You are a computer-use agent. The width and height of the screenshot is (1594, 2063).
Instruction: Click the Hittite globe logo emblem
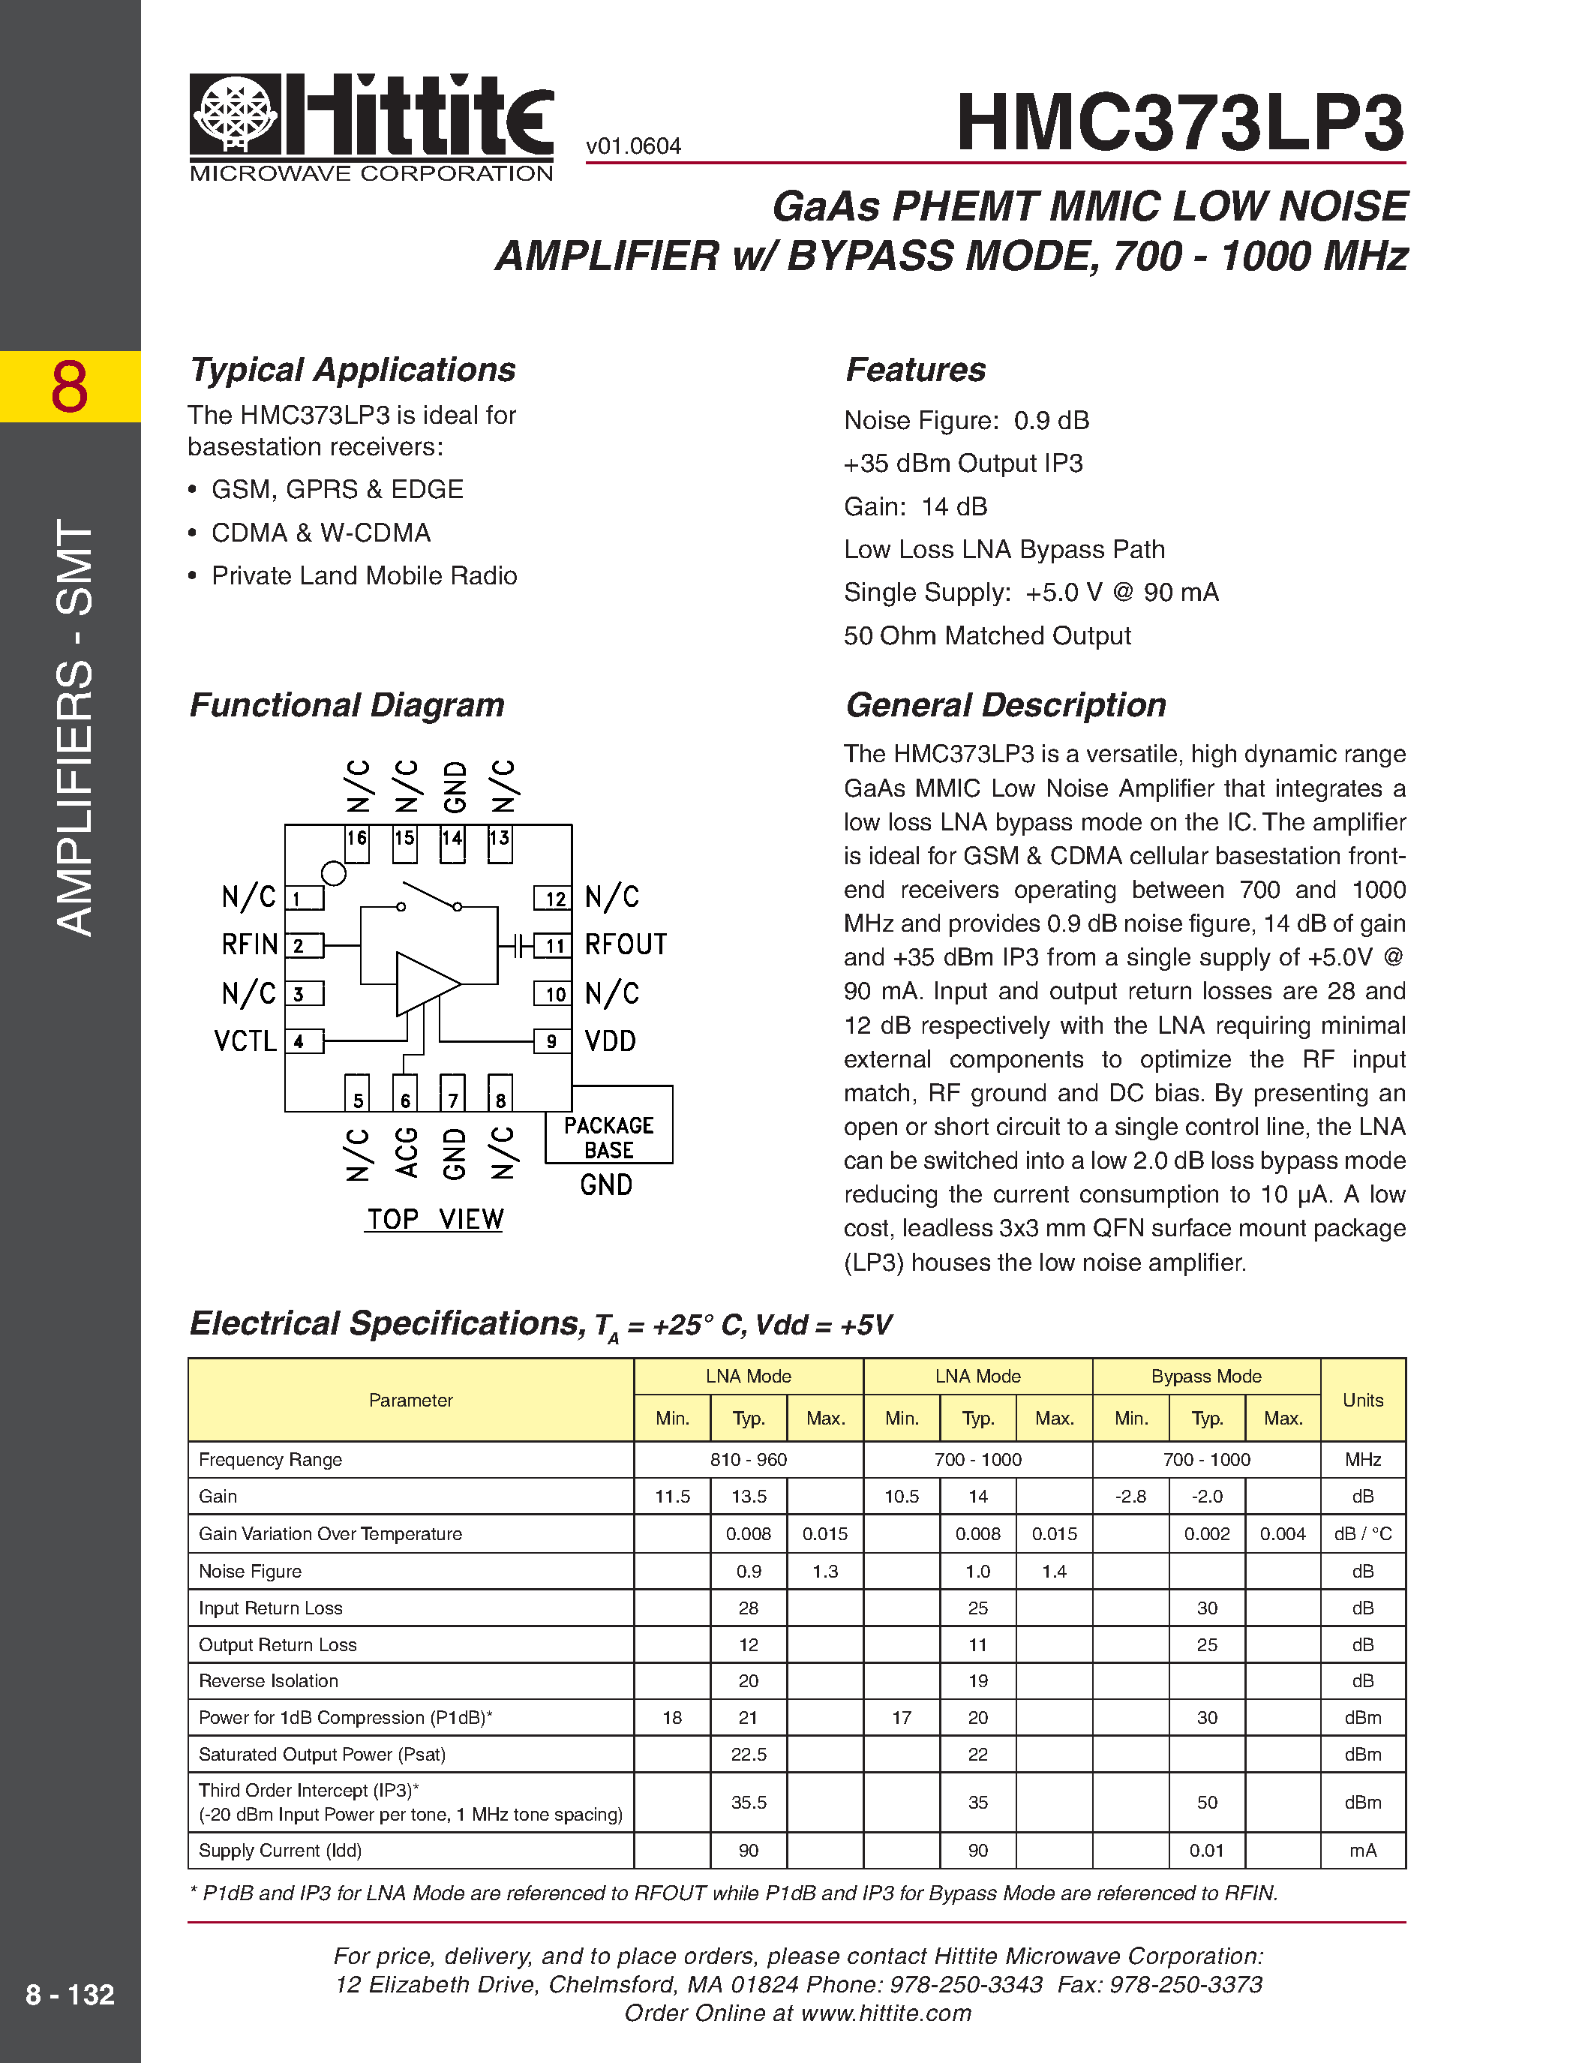tap(235, 113)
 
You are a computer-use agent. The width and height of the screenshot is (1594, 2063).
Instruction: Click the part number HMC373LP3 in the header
tap(1181, 123)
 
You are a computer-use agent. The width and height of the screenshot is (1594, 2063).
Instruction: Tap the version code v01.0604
tap(632, 146)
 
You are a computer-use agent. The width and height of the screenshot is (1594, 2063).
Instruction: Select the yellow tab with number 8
tap(70, 386)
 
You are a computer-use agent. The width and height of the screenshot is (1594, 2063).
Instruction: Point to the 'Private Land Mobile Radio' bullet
tap(364, 576)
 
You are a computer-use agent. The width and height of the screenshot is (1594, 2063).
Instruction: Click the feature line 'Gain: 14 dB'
tap(915, 507)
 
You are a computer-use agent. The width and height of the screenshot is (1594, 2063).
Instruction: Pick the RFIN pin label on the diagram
tap(249, 944)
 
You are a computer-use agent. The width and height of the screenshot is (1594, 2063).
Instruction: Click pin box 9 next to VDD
tap(552, 1042)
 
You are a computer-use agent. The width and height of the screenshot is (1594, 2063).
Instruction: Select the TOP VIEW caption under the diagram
tap(434, 1220)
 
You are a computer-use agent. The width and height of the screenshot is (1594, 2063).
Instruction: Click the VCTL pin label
tap(245, 1042)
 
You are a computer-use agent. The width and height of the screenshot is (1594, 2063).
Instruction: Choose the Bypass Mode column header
tap(1206, 1377)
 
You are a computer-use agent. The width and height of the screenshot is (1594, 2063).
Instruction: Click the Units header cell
tap(1363, 1400)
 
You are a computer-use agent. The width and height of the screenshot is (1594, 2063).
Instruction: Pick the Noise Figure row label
tap(251, 1572)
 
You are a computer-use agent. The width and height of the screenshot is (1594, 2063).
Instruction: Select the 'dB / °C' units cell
tap(1363, 1534)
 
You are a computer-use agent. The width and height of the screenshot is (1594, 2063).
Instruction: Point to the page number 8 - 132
tap(70, 1995)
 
